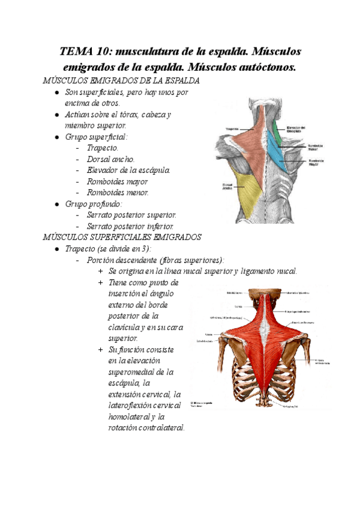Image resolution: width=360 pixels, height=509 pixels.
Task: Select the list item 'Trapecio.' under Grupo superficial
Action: [103, 148]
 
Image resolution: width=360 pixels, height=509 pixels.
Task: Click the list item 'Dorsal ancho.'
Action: [110, 159]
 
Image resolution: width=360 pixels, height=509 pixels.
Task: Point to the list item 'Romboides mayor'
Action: [117, 181]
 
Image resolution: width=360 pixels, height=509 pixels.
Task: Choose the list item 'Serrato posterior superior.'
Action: [131, 215]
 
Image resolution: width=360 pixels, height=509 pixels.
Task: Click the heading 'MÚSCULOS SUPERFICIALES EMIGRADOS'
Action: [122, 237]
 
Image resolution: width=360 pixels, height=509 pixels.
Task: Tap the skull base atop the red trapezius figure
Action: [263, 294]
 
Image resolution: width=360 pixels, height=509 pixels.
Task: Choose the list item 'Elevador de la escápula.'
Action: [128, 170]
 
